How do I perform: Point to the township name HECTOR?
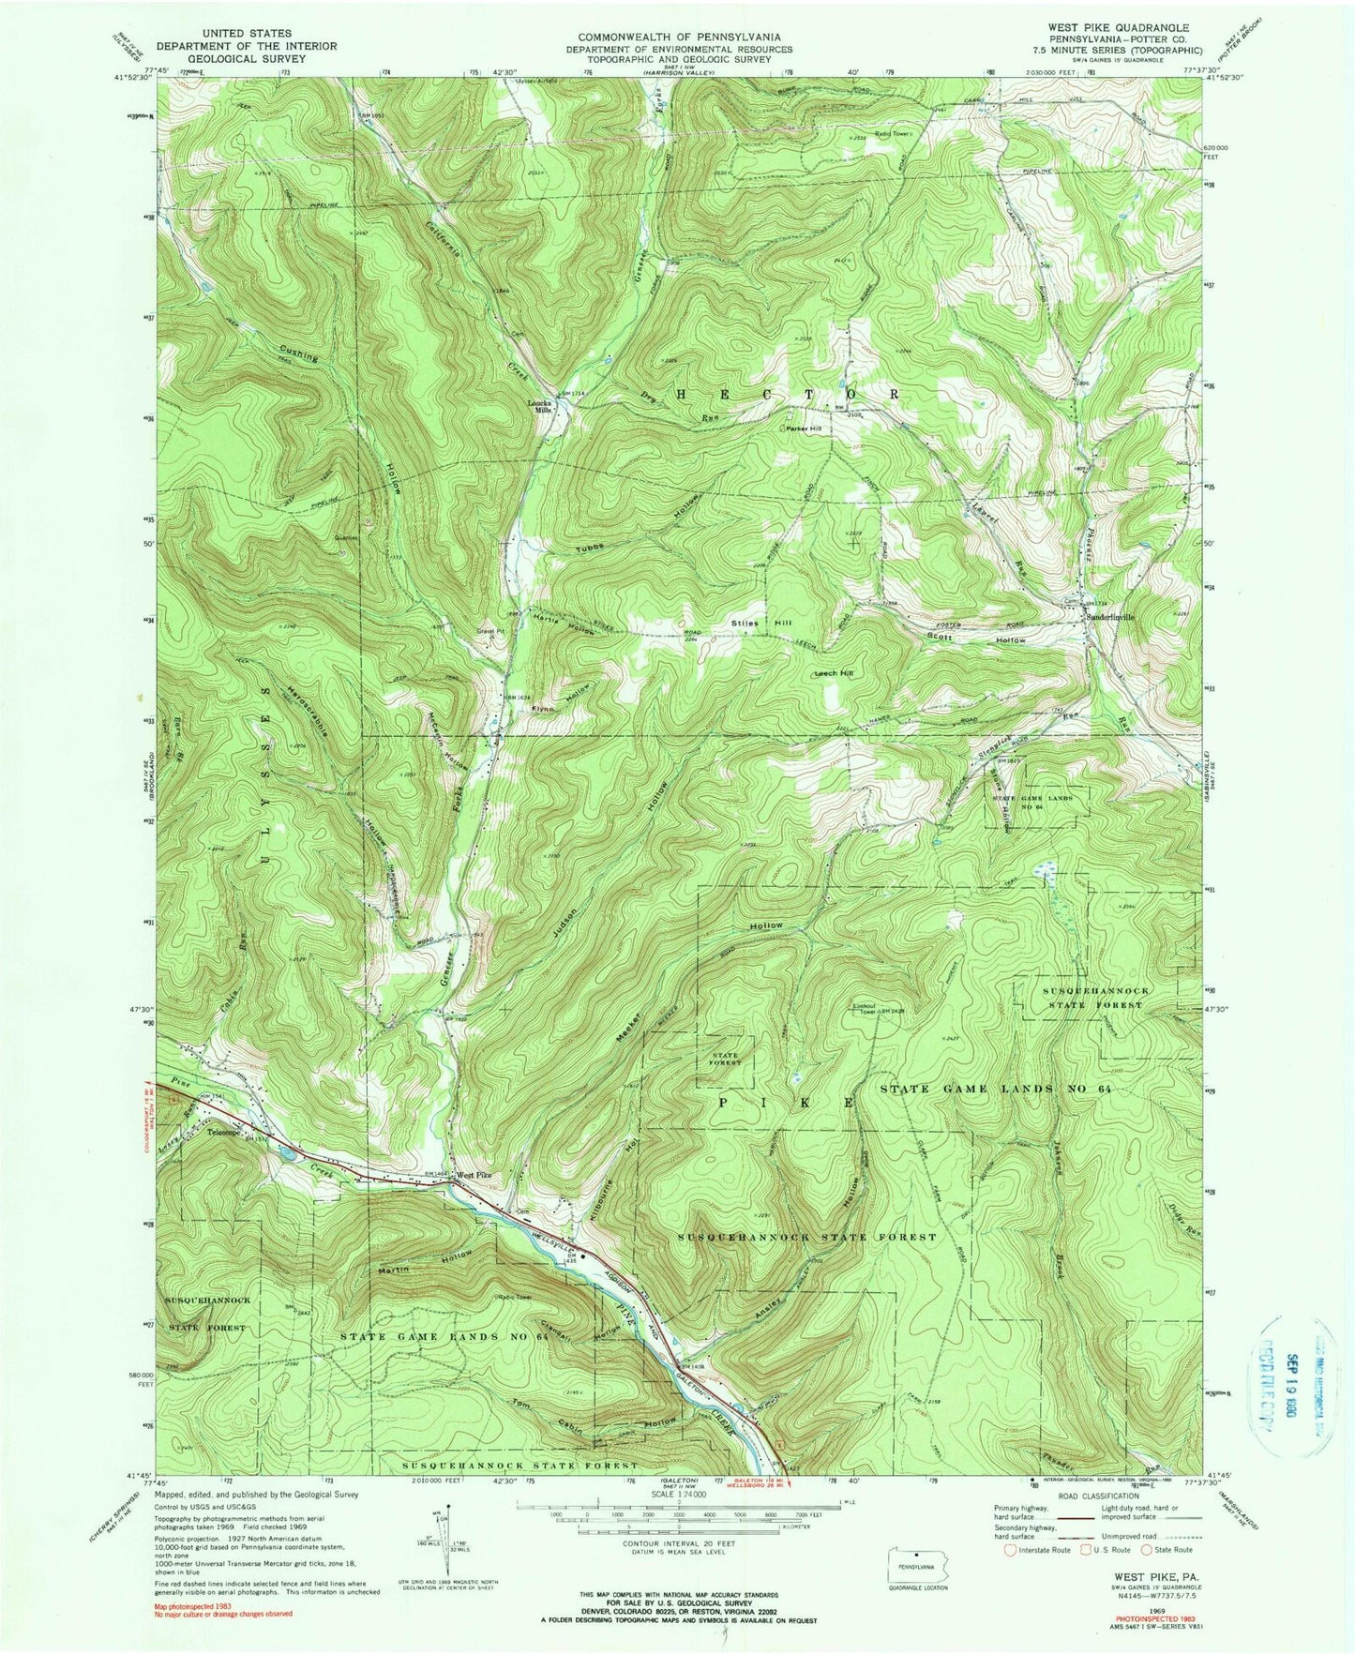pos(787,396)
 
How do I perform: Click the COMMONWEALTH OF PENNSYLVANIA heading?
pos(679,37)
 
